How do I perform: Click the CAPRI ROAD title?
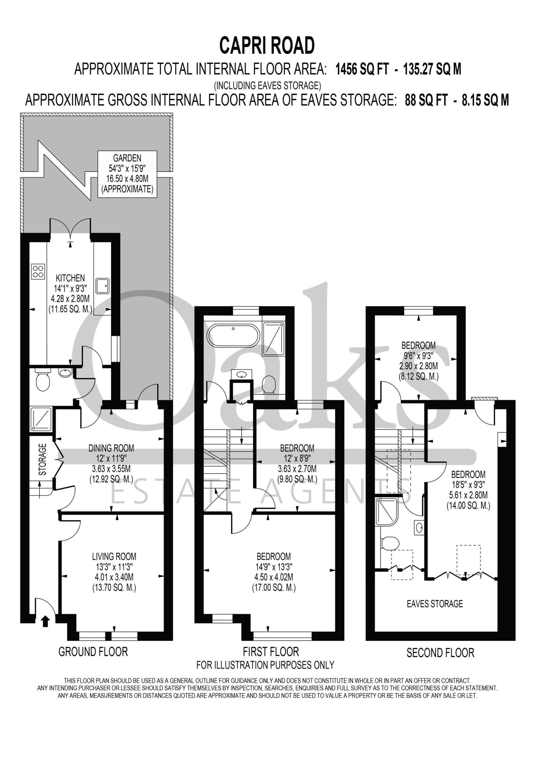[x=267, y=46]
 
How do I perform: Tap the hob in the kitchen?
[x=38, y=272]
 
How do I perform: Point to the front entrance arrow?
[x=45, y=621]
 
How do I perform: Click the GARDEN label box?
[x=127, y=174]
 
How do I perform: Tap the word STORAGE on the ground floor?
[x=43, y=459]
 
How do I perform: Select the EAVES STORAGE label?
[x=435, y=604]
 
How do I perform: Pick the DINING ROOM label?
[x=111, y=448]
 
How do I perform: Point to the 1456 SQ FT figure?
[x=362, y=69]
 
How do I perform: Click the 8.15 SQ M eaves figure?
[x=485, y=100]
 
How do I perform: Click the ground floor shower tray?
[x=41, y=419]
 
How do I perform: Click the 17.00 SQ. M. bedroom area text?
[x=274, y=588]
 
